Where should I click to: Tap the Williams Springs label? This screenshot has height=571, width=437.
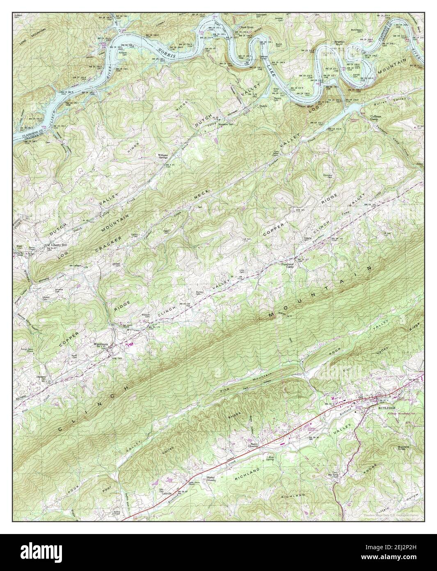pyautogui.click(x=165, y=157)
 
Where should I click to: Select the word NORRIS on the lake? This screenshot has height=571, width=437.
pyautogui.click(x=170, y=54)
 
